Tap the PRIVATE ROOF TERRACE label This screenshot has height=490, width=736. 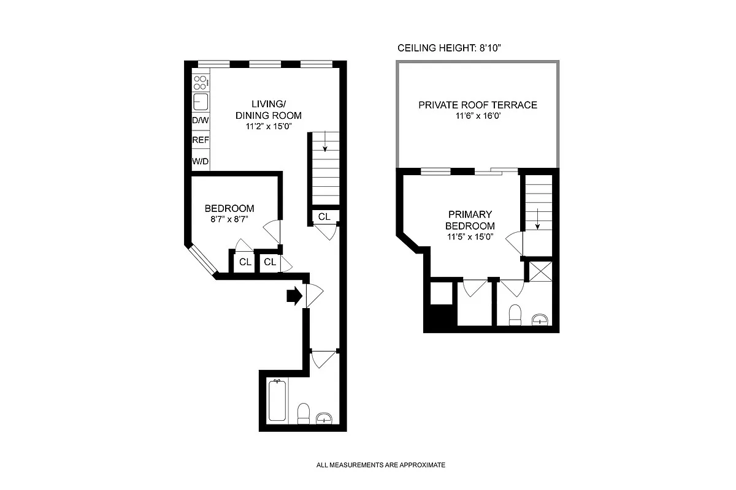click(x=477, y=105)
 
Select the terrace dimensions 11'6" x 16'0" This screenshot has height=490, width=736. click(x=477, y=116)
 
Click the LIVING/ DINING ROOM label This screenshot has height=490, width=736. click(x=269, y=109)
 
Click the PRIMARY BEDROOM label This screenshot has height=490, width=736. click(x=470, y=220)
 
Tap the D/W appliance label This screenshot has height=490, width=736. click(x=201, y=121)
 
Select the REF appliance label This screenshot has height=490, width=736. click(x=201, y=140)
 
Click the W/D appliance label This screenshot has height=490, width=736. click(x=201, y=162)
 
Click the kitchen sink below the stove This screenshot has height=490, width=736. click(x=201, y=101)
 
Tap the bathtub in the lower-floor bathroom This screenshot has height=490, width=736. click(x=277, y=400)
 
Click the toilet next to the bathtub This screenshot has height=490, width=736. click(x=303, y=413)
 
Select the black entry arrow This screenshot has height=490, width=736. click(x=294, y=296)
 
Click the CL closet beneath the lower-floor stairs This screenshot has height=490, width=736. click(x=324, y=216)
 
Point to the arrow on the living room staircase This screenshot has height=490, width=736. click(x=324, y=143)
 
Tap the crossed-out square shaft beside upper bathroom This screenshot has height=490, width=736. click(x=540, y=271)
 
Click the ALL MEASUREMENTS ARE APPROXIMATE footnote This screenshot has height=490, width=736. click(x=380, y=466)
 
